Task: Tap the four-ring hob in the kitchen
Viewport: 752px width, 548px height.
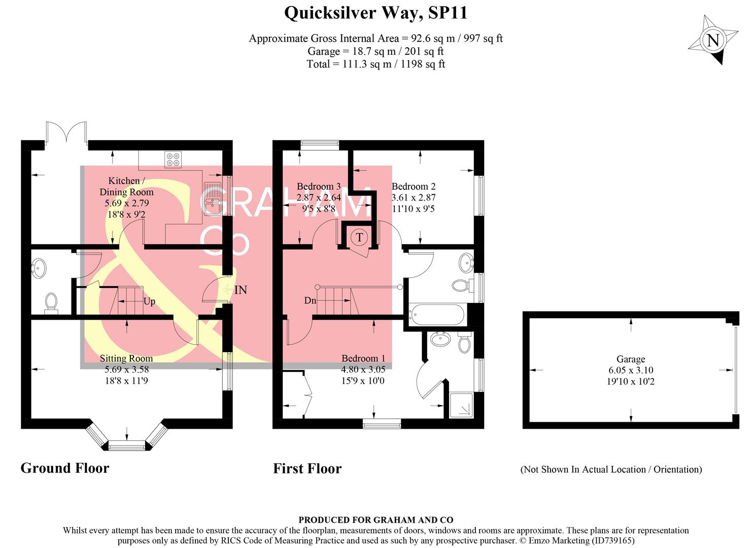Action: (173, 159)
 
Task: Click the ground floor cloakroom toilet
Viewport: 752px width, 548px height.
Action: (51, 303)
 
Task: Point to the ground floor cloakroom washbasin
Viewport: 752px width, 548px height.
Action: (39, 268)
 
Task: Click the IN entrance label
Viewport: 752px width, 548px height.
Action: (241, 290)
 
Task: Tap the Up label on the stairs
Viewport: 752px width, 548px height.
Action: (149, 301)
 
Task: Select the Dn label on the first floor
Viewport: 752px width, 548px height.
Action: (310, 300)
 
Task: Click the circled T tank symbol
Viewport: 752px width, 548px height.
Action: (359, 237)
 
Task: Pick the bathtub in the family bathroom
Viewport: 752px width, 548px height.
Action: (436, 314)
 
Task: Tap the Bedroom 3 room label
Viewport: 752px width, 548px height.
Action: (319, 186)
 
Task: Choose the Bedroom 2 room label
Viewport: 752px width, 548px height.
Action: (414, 186)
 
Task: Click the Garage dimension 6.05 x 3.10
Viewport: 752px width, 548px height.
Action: (631, 370)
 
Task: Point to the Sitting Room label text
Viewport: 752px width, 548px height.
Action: (126, 358)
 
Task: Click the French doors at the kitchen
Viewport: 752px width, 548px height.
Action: (66, 131)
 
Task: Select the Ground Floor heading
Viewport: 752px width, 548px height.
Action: (65, 468)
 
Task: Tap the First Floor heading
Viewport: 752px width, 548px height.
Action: (307, 468)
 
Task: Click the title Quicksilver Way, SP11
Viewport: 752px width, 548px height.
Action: (375, 13)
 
